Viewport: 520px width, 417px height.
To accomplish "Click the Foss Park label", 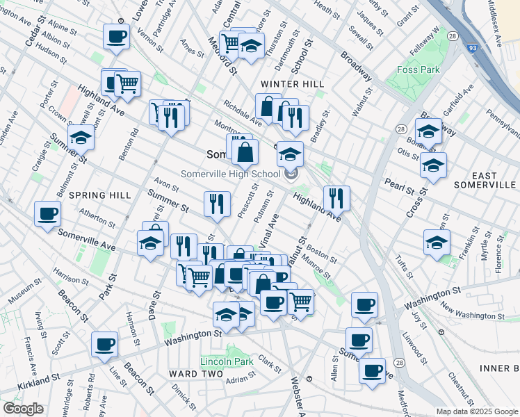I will click(x=419, y=69).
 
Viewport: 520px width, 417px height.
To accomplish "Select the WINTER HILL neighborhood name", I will click(x=292, y=84).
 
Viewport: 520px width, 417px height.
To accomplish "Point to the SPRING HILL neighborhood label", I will click(x=100, y=195).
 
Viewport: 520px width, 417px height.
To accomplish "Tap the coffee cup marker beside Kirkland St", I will click(x=104, y=343).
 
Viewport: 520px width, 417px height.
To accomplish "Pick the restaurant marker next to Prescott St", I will click(x=218, y=203).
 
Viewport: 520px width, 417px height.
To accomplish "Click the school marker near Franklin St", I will click(x=437, y=243).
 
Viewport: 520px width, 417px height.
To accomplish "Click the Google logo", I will click(x=23, y=409).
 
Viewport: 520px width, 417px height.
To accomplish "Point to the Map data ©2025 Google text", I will click(x=476, y=411).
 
